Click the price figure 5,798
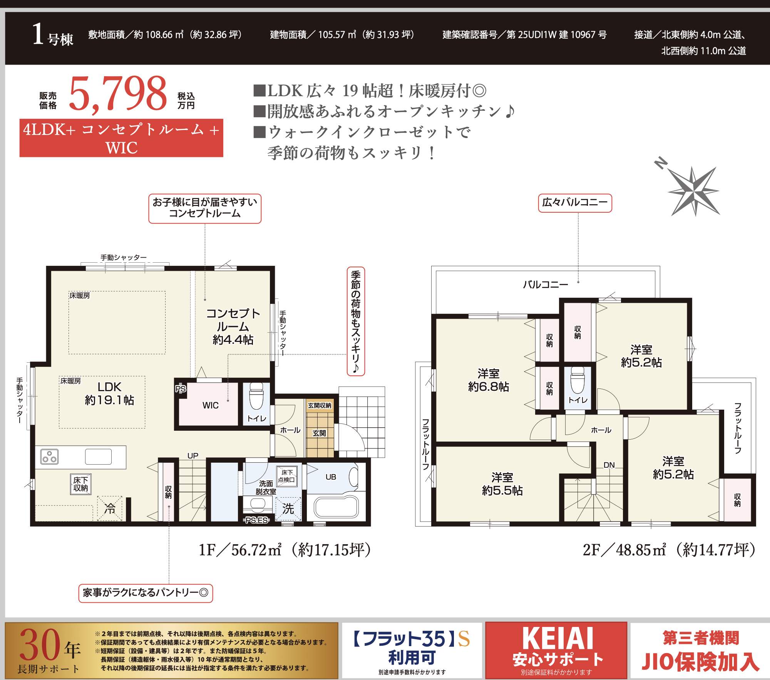pos(118,94)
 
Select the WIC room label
pos(211,405)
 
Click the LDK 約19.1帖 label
pos(109,393)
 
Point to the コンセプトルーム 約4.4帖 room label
pos(233,327)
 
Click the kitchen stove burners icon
pos(50,457)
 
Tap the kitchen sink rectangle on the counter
pos(99,457)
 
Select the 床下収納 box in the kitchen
pos(81,484)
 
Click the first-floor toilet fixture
pos(256,397)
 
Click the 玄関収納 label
pos(320,405)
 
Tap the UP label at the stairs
pos(193,456)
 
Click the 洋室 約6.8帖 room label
pos(489,380)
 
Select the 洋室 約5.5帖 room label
pos(502,484)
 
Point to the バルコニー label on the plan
pos(546,285)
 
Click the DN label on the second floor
pos(609,465)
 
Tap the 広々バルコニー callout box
pos(575,203)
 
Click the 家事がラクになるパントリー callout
pos(146,593)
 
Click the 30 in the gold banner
pos(40,645)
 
